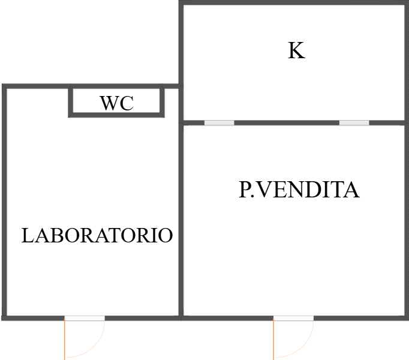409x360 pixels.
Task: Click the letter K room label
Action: point(296,51)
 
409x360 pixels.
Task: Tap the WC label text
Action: point(117,103)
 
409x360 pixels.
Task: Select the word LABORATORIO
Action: point(97,235)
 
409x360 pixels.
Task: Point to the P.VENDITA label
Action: point(299,190)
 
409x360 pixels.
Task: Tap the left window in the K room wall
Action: point(219,123)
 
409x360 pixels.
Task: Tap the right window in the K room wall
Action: point(354,123)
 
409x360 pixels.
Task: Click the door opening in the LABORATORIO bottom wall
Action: point(85,317)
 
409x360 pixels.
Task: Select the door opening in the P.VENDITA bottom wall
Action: point(293,317)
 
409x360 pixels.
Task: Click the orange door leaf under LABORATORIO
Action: point(65,339)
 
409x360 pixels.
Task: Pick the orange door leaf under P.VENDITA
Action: point(274,339)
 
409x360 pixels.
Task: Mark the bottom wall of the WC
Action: point(116,114)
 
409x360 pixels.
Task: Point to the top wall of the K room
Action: point(294,4)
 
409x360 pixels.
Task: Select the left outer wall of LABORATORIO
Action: point(4,204)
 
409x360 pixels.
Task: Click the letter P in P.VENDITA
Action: point(244,190)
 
